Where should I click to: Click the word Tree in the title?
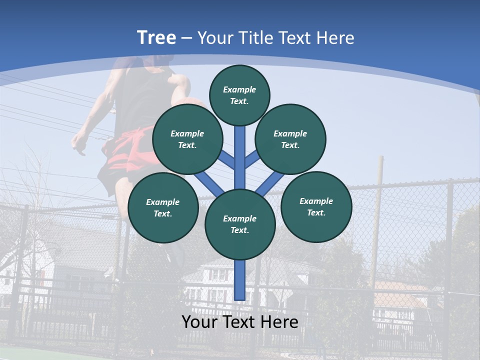[156, 37]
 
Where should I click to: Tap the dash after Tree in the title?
[187, 38]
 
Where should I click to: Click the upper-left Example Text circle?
[187, 139]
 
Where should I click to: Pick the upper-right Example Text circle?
[290, 139]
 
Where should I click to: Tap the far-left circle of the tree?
[162, 208]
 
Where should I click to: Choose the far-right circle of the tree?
[316, 206]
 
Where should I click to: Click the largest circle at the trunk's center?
[240, 224]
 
